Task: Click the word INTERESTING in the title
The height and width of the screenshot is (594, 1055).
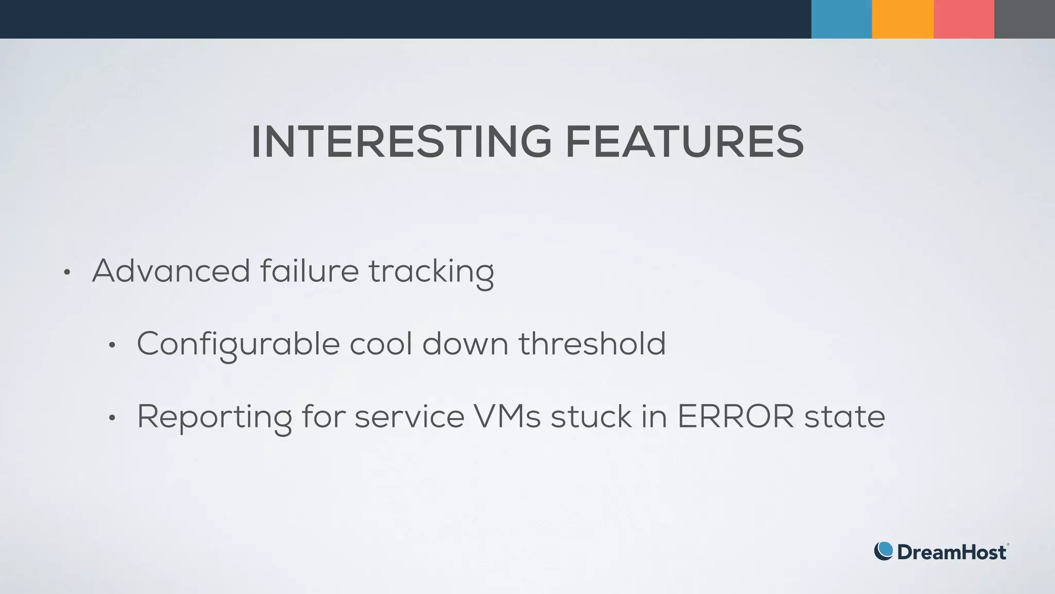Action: coord(401,142)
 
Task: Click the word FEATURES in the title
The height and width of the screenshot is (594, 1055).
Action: coord(684,142)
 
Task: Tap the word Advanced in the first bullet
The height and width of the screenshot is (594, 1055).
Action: coord(171,271)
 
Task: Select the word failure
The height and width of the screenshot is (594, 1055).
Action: coord(309,271)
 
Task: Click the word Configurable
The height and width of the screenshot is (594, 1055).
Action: coord(238,344)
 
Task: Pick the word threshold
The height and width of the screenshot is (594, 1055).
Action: coord(592,343)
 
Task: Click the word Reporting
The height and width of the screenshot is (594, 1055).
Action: coord(214,418)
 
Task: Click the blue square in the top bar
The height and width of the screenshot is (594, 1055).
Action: coord(841,19)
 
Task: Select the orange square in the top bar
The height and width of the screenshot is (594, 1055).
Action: coord(903,19)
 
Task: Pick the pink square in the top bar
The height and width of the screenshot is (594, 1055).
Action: coord(963,19)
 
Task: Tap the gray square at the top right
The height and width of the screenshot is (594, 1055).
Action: coord(1025,19)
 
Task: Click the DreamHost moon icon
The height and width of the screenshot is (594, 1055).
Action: coord(883,551)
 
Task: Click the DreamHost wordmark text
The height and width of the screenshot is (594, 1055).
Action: coord(951,552)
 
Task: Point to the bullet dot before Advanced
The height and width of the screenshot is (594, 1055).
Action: coord(66,273)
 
